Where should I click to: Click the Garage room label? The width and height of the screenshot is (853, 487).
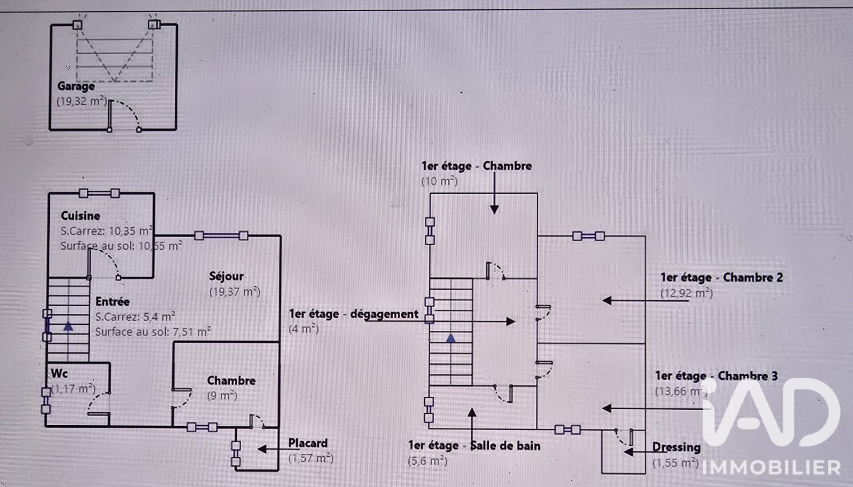coord(76,86)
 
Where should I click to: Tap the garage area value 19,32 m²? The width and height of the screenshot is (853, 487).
coord(82,101)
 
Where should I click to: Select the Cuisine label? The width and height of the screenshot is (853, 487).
coord(80,216)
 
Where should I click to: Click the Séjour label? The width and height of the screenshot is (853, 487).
coord(227,276)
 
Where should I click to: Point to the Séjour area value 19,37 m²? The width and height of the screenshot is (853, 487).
coord(235,292)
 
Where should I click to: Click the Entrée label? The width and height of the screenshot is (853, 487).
coord(113,302)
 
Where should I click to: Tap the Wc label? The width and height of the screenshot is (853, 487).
coord(59,373)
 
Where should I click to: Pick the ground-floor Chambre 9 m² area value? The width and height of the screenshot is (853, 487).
coord(222,395)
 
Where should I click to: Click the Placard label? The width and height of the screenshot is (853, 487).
coord(308,443)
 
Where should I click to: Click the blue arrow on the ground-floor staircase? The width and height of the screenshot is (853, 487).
coord(68,326)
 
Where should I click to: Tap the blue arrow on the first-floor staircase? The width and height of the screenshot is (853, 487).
coord(451,338)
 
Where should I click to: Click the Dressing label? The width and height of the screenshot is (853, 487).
coord(676,447)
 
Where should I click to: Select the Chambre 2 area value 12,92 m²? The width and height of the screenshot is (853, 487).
coord(686,293)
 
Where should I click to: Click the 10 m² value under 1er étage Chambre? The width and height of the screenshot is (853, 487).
coord(439,181)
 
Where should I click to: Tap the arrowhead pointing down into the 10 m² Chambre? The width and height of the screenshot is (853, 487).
coord(494,209)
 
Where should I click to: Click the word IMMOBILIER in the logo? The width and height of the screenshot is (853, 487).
coord(771,467)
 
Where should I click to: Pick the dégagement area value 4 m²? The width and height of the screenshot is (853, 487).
coord(304,329)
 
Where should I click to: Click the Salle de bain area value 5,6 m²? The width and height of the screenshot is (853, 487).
coord(427,461)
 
